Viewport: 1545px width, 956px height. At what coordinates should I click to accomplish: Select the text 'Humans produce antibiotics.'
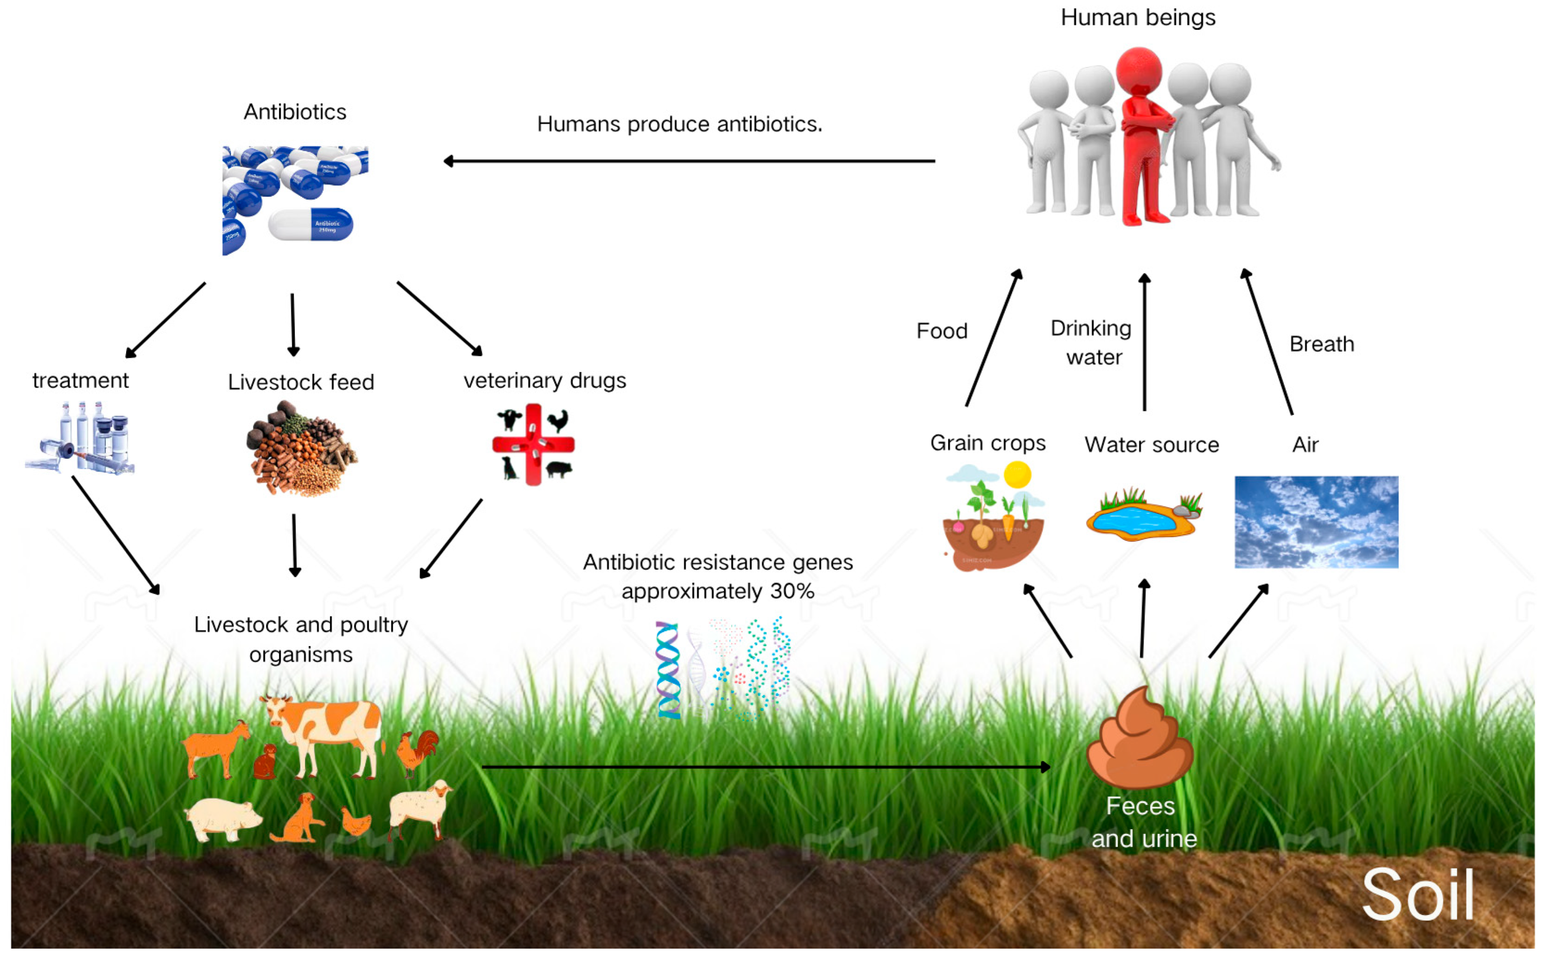tap(679, 124)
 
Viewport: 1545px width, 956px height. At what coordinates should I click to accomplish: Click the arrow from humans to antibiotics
tap(689, 161)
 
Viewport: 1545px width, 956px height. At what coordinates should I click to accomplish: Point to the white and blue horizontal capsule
tap(311, 224)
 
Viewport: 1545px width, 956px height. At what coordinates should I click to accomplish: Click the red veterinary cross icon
tap(533, 444)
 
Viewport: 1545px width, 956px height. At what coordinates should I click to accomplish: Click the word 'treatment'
tap(80, 381)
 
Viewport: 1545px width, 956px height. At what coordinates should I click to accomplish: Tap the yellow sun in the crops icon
tap(1017, 475)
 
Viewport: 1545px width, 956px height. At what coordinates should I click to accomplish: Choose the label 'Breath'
tap(1321, 344)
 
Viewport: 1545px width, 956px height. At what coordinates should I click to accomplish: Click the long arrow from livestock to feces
tap(765, 767)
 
